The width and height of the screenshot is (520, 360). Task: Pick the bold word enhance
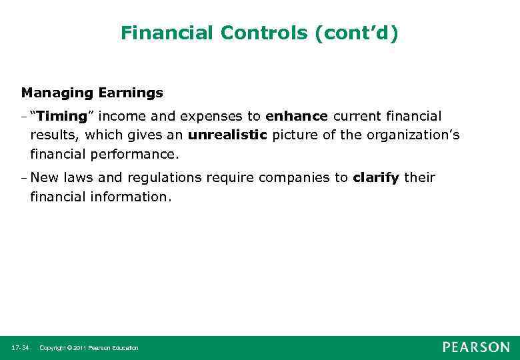[296, 116]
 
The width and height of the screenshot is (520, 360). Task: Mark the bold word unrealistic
[227, 135]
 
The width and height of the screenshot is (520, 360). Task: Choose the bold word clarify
[376, 177]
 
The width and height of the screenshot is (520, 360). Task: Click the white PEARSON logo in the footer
[476, 347]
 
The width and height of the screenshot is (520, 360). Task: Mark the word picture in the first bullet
[292, 135]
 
